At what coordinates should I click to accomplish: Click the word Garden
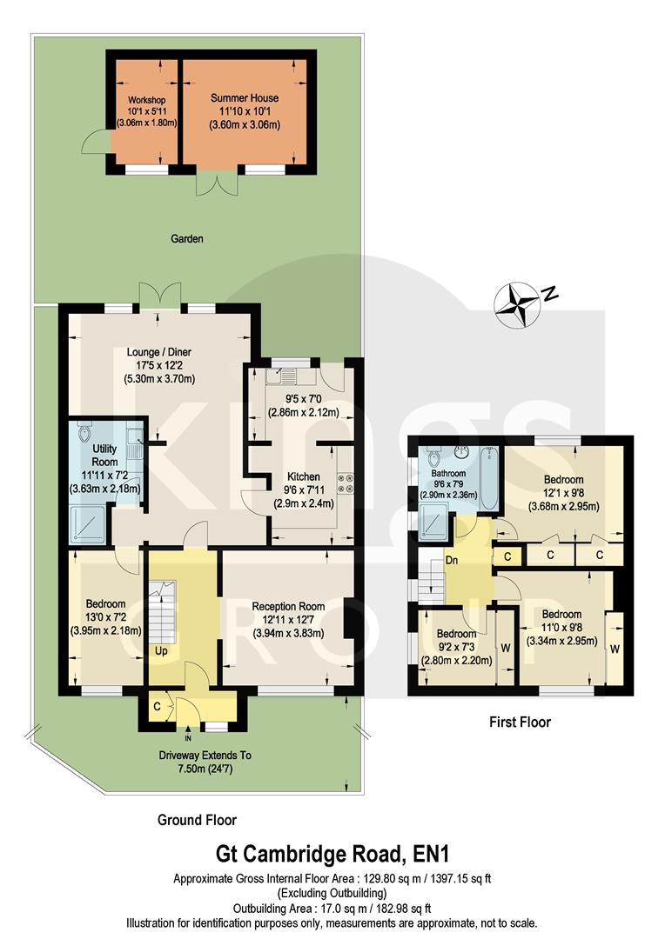tap(186, 238)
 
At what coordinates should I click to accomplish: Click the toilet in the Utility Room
tap(85, 431)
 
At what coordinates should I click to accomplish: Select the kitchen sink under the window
tap(285, 376)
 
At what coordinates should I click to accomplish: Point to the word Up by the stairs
tap(161, 650)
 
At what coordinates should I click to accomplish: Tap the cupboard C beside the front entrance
tap(157, 707)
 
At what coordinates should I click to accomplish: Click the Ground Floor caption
tap(197, 819)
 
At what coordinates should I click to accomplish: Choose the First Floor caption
tap(520, 722)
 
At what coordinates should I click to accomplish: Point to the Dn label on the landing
tap(475, 560)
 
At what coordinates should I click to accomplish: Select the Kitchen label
tap(299, 476)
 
